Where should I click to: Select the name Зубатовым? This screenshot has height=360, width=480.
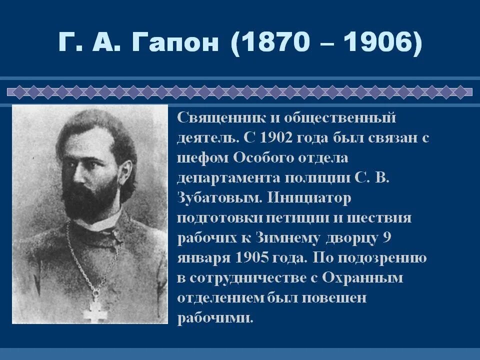click(x=219, y=198)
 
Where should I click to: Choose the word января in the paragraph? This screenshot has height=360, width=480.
click(x=202, y=258)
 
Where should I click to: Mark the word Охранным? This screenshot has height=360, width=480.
click(x=362, y=278)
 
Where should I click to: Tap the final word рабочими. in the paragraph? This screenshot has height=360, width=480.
click(x=215, y=318)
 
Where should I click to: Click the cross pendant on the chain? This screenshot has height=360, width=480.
click(x=94, y=309)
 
